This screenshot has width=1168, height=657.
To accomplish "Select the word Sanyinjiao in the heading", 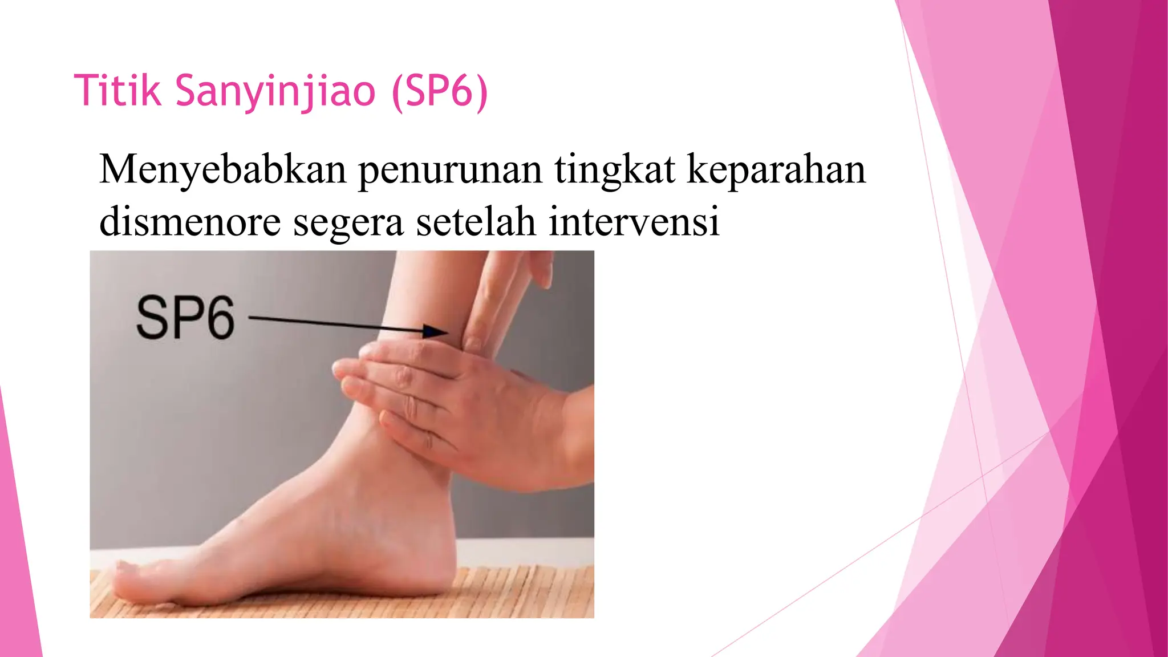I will coord(275,91).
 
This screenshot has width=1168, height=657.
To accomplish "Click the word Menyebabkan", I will coord(222,169).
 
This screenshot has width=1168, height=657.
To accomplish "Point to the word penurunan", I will coord(450,171).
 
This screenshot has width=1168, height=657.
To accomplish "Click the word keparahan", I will coord(776,171).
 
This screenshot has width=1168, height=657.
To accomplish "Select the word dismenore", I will coord(190,221).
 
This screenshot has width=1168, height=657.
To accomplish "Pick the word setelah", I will coord(476,221).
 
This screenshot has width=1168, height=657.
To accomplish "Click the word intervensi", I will coord(634,221).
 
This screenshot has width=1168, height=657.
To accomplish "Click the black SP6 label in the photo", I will coord(185,318).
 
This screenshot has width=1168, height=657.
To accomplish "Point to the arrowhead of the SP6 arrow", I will coord(436,331).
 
